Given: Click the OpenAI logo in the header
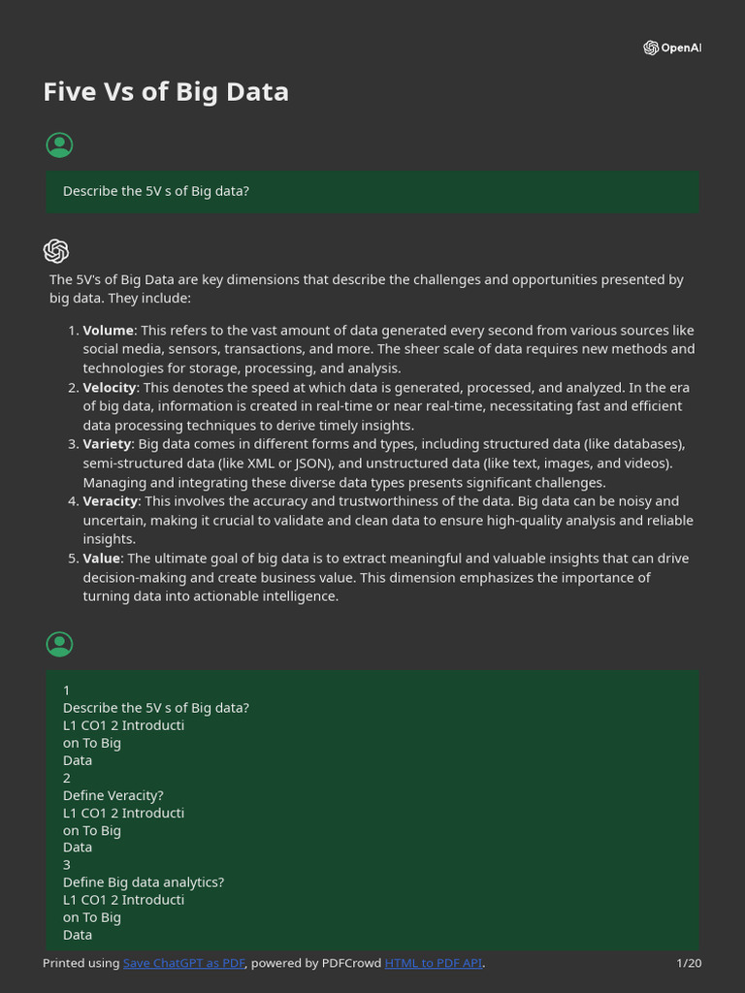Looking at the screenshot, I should [671, 48].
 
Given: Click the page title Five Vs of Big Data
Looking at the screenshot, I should [166, 92].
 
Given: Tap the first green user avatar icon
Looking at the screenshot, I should [59, 145].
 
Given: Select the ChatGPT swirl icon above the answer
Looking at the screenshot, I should [56, 251].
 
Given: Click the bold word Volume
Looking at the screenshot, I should [108, 331].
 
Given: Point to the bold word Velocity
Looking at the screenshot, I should [110, 388].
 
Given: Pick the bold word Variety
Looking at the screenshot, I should [107, 444].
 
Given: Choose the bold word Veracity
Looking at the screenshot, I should [111, 501].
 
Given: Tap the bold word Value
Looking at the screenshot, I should [102, 559].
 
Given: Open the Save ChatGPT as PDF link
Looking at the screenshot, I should [183, 963].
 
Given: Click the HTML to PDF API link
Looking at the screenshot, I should [433, 963].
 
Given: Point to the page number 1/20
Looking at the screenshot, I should [689, 963].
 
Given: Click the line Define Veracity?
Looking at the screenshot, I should [113, 795].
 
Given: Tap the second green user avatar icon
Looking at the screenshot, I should [59, 644].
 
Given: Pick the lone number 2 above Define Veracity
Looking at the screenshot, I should [67, 778].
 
